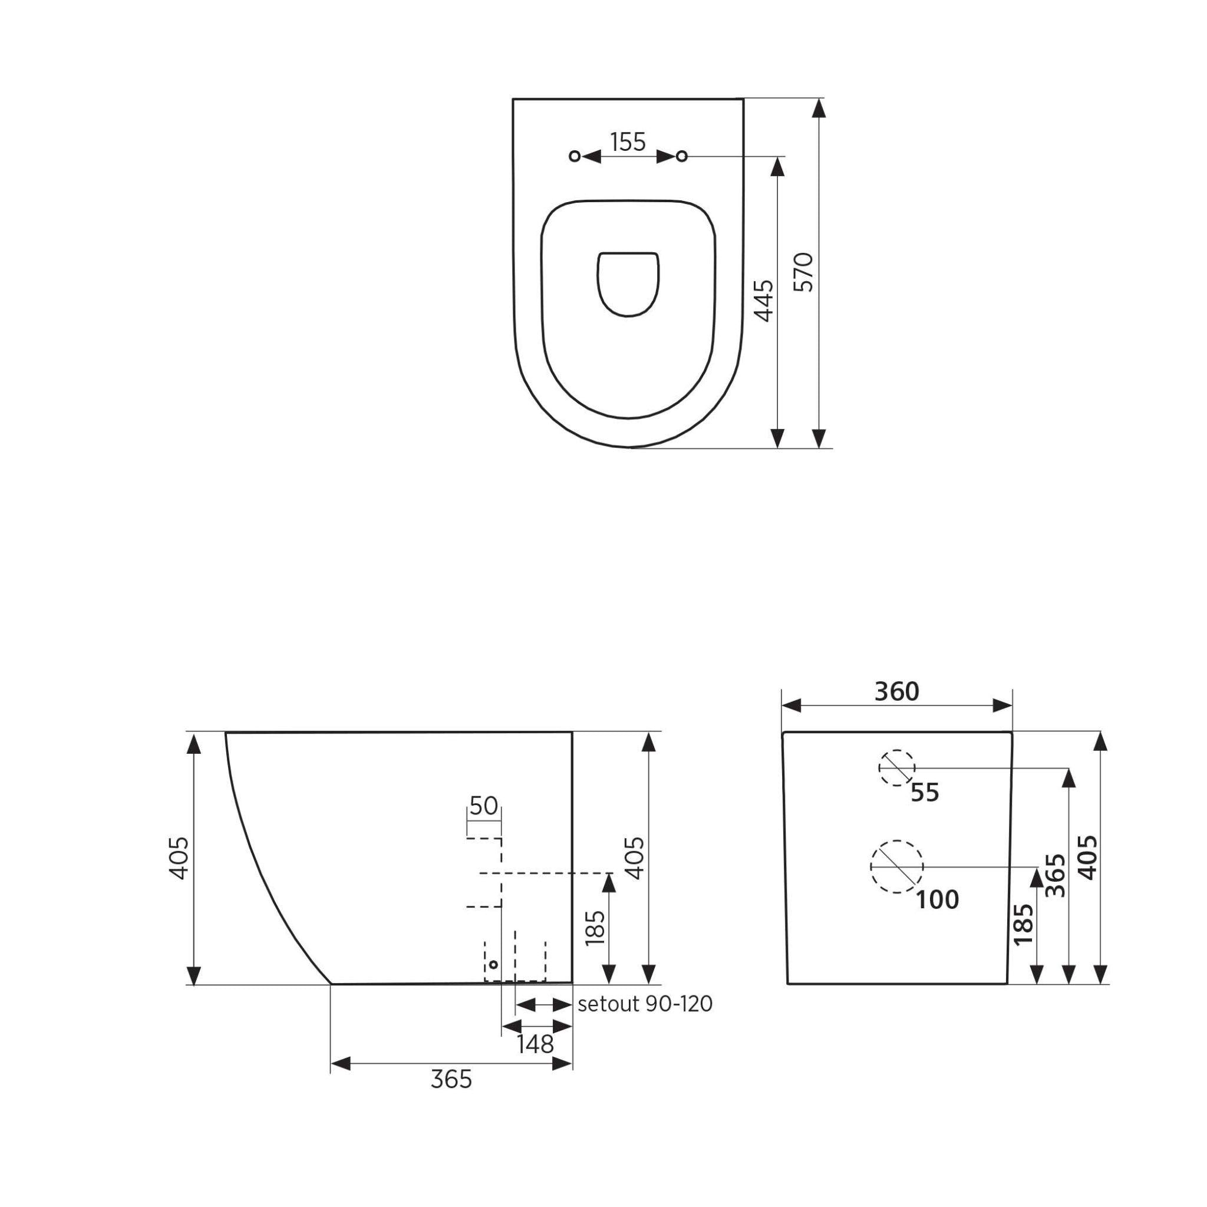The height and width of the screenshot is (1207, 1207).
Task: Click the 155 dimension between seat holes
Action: point(628,143)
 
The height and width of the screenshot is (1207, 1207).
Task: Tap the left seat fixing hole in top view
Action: point(575,156)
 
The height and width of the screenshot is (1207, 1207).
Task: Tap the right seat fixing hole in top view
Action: point(682,156)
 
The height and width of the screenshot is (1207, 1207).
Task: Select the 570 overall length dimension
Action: point(804,272)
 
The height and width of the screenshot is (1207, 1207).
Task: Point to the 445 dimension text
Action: point(763,301)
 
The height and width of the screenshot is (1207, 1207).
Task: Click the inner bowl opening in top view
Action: point(628,283)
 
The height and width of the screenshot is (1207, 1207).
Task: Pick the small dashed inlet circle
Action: point(896,767)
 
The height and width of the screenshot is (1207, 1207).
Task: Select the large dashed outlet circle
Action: point(896,866)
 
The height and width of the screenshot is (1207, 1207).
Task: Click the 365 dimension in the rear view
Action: point(1055,875)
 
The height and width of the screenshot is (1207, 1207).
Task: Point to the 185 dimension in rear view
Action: point(1023,925)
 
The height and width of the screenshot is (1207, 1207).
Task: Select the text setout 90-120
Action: point(645,1005)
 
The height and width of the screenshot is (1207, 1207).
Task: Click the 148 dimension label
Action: point(535,1044)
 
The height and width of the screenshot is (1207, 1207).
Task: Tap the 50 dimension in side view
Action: point(483,806)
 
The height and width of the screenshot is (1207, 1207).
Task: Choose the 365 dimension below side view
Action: point(451,1080)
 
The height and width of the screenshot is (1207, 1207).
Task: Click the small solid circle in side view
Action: point(493,965)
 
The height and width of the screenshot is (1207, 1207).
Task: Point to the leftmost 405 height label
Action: point(179,858)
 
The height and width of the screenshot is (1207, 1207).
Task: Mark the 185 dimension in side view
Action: point(595,928)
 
